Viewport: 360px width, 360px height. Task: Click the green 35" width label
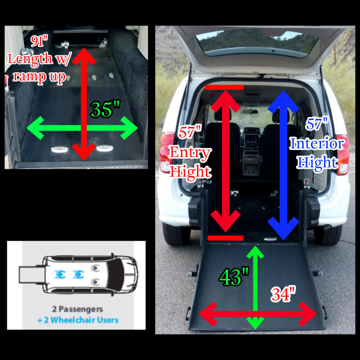(x=105, y=109)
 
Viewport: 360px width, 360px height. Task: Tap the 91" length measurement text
(x=39, y=41)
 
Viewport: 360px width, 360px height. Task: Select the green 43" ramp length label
(x=234, y=277)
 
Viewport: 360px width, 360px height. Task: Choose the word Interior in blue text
(x=317, y=143)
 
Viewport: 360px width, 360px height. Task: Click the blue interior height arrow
(x=283, y=165)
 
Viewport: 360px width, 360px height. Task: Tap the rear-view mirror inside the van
(x=250, y=112)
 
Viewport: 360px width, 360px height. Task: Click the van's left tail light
(x=167, y=152)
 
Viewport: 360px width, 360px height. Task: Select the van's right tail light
(x=343, y=154)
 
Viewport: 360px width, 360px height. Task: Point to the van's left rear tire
(x=176, y=234)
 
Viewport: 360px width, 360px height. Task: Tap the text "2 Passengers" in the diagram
(x=77, y=309)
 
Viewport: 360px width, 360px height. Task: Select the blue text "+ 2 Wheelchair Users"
(x=78, y=320)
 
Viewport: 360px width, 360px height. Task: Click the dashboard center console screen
(x=252, y=140)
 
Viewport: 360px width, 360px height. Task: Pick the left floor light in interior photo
(x=60, y=150)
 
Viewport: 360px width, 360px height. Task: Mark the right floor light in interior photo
(x=105, y=148)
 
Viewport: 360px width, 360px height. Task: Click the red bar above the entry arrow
(x=224, y=87)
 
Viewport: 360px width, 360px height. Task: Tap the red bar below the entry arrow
(x=225, y=238)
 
